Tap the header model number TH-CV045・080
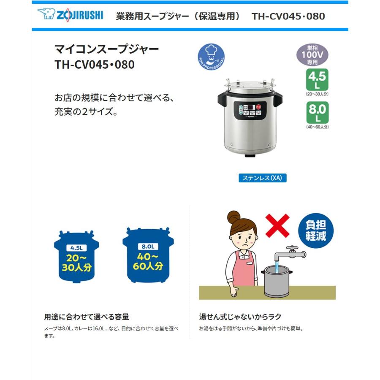pyautogui.click(x=288, y=16)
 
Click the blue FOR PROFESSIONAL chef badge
pyautogui.click(x=211, y=57)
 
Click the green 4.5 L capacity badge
pyautogui.click(x=317, y=80)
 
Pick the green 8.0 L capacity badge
pyautogui.click(x=317, y=112)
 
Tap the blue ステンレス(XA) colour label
pyautogui.click(x=262, y=178)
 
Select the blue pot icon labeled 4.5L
pyautogui.click(x=76, y=257)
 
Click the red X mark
pyautogui.click(x=277, y=225)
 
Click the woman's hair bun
pyautogui.click(x=233, y=218)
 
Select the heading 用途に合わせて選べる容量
pyautogui.click(x=87, y=317)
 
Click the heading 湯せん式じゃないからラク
pyautogui.click(x=240, y=317)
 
